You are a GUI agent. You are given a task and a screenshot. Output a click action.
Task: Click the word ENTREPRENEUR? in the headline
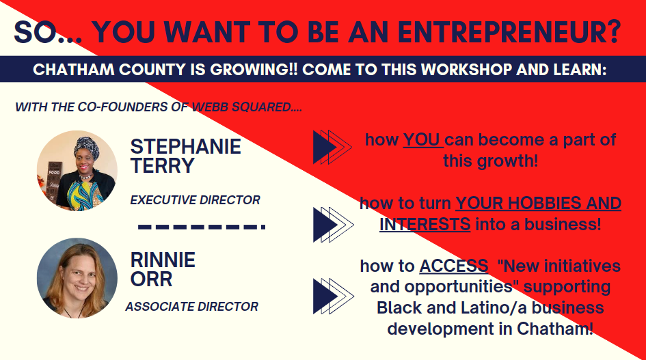(x=509, y=31)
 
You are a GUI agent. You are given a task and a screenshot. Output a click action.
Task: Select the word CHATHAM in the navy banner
(x=74, y=69)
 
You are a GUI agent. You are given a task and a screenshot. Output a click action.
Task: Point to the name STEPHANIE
(x=186, y=147)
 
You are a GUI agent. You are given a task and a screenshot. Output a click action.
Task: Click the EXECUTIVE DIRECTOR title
(x=195, y=199)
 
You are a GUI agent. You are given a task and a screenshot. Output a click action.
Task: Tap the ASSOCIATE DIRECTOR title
(x=191, y=307)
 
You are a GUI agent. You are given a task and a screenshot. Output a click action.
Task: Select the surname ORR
(x=151, y=279)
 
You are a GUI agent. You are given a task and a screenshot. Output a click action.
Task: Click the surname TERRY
(x=162, y=165)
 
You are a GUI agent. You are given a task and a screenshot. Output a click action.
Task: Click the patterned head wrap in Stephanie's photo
(x=87, y=147)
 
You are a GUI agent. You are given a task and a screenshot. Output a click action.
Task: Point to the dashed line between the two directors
(x=202, y=227)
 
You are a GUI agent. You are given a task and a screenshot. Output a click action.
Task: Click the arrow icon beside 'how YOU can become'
(x=332, y=147)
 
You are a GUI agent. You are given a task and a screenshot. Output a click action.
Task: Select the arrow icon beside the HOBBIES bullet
(x=333, y=225)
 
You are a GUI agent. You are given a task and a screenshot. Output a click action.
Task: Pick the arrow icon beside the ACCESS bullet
(x=333, y=296)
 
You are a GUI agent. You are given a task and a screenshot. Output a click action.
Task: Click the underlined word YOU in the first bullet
(x=422, y=139)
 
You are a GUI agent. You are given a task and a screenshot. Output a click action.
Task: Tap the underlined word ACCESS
(x=454, y=266)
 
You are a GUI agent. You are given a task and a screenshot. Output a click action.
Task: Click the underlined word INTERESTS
(x=425, y=225)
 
